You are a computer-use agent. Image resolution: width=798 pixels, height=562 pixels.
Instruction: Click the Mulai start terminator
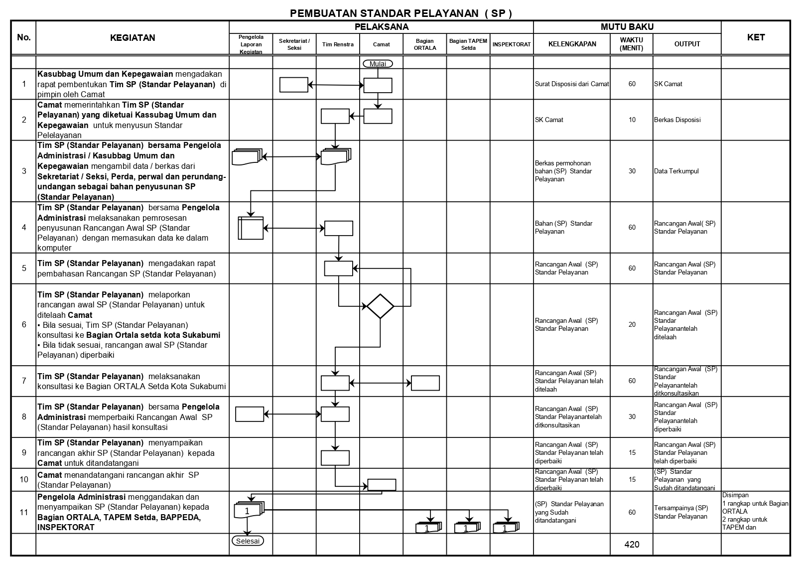pos(378,64)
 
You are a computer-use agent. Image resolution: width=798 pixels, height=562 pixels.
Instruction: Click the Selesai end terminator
pos(248,541)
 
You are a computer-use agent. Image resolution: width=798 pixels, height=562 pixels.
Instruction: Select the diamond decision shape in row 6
pos(380,306)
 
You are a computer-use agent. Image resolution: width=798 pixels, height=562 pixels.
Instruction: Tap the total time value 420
pos(632,545)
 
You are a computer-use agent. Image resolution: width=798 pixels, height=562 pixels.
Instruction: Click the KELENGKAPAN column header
pos(572,44)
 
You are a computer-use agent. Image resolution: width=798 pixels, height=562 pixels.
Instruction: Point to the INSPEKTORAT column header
pos(512,44)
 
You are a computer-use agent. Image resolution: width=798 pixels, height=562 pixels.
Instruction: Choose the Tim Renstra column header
pos(338,44)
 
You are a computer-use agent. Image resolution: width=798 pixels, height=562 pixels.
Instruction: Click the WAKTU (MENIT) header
pos(631,44)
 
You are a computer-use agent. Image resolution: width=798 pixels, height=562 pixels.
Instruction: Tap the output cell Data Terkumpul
pos(676,171)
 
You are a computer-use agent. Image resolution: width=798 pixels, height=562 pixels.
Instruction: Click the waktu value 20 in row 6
pos(632,324)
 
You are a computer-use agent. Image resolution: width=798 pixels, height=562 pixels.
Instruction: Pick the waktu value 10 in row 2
pos(632,120)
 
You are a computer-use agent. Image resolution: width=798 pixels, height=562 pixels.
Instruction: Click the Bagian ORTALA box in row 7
pos(425,383)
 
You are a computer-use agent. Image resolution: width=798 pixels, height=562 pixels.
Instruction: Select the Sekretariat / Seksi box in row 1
pos(294,85)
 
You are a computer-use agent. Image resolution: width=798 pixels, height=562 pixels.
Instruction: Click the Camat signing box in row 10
pos(382,485)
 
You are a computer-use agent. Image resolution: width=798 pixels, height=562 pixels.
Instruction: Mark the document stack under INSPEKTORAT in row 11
pos(506,528)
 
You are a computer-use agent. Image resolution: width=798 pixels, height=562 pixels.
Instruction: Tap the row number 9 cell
pos(24,453)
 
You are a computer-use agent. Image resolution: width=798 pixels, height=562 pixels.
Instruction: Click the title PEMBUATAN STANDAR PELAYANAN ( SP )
pos(400,13)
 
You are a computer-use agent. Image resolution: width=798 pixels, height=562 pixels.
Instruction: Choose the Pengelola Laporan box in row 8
pos(250,414)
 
